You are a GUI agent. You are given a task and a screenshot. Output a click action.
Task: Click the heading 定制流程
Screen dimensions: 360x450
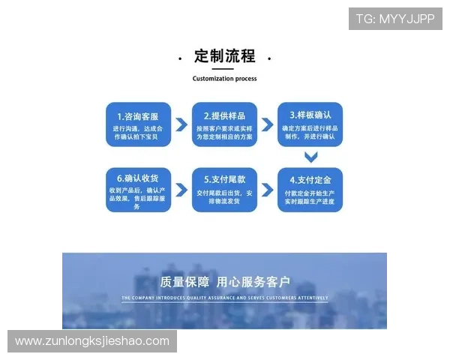click(x=225, y=56)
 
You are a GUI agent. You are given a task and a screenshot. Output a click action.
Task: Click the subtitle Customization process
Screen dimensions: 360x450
click(x=225, y=78)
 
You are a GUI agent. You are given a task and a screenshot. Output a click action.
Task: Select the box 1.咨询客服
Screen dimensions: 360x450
click(x=137, y=124)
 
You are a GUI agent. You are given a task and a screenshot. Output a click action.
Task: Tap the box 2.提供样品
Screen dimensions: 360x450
click(x=225, y=124)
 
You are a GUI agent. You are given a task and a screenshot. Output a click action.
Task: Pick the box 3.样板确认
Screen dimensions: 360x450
click(x=310, y=124)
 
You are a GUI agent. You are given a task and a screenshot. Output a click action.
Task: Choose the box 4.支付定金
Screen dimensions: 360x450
click(x=310, y=190)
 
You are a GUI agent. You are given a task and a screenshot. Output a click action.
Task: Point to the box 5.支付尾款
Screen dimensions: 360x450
click(x=225, y=190)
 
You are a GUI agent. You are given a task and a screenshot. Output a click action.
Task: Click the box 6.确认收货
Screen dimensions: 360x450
click(x=137, y=190)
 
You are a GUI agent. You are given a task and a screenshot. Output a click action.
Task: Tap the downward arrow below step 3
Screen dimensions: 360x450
click(x=310, y=157)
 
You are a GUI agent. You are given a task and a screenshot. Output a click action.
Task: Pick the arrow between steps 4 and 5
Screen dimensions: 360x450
click(x=267, y=190)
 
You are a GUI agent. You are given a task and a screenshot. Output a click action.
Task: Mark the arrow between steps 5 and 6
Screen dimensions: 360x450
click(x=181, y=190)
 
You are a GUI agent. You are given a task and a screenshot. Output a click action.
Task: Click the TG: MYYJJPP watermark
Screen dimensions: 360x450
click(x=395, y=19)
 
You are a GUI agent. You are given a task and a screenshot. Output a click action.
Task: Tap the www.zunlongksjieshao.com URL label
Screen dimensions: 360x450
click(x=92, y=341)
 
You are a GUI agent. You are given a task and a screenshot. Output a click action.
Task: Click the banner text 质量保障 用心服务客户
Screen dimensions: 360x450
click(x=225, y=283)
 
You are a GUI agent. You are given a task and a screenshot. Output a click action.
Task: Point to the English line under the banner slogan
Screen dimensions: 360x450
click(x=225, y=298)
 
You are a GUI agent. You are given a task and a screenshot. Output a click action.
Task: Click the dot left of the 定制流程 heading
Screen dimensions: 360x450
click(x=181, y=58)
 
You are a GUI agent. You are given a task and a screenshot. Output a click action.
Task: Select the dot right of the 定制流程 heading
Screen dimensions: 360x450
click(x=269, y=58)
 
